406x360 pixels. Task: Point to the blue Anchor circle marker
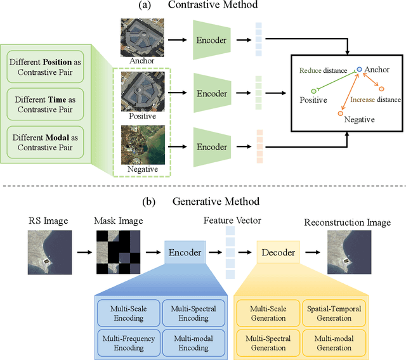[x=360, y=69]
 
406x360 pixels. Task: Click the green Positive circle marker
[x=313, y=91]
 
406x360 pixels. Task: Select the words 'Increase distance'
[x=377, y=100]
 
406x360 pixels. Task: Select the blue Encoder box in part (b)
[x=184, y=252]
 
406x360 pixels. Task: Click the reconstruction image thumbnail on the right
[x=347, y=252]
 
